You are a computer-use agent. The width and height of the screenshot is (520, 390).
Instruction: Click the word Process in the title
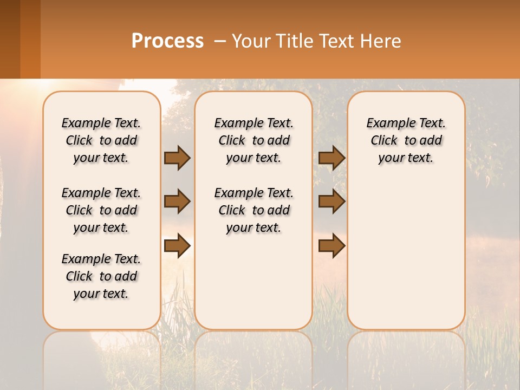coord(167,41)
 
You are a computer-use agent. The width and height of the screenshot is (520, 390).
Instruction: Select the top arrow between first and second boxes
coord(177,158)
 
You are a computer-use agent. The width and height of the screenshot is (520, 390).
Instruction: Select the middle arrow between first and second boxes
coord(177,202)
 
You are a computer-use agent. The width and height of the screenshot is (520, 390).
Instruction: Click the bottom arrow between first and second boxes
coord(177,245)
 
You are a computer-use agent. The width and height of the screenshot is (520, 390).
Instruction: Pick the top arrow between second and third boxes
coord(331,158)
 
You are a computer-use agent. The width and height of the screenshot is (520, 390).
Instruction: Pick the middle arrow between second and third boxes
coord(331,202)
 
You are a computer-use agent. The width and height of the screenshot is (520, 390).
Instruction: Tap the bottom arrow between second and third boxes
coord(331,245)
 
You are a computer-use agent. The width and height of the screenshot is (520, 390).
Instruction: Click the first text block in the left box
coord(101,140)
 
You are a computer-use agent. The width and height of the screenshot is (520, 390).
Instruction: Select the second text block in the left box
coord(101,210)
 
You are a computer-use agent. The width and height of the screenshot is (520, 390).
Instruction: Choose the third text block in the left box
coord(101,276)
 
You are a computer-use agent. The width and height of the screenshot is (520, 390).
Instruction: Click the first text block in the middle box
coord(254,140)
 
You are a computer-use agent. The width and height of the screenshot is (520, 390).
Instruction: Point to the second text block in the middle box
coord(254,210)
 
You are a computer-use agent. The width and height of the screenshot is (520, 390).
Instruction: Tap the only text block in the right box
coord(406,140)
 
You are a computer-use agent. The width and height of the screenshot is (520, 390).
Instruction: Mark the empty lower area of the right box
coord(406,255)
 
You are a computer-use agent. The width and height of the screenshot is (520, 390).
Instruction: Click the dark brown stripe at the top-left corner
coord(10,39)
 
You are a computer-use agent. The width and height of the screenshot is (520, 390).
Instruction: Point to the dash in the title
coord(220,41)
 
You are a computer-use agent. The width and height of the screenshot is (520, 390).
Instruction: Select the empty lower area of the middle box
coord(254,282)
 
